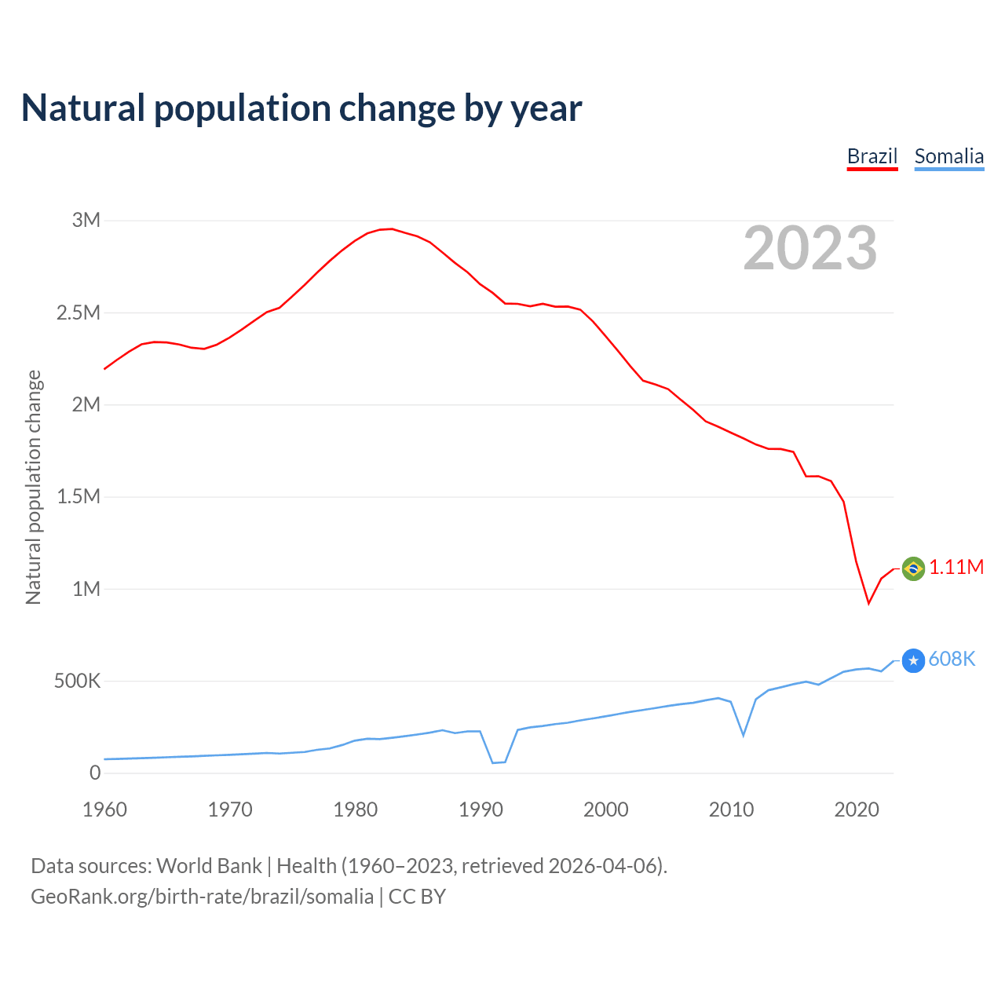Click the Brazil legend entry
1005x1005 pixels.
point(872,156)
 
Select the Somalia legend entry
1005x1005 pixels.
point(948,156)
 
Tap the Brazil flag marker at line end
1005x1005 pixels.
point(913,568)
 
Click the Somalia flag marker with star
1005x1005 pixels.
point(913,661)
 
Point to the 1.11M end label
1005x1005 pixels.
point(956,568)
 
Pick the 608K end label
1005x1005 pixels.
point(952,660)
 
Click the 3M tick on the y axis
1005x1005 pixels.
point(86,221)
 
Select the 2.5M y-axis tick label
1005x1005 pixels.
point(79,313)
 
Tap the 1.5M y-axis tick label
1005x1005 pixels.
point(79,497)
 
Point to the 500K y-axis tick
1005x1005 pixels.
point(77,682)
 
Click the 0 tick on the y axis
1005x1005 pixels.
point(95,773)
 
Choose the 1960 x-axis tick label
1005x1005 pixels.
point(104,810)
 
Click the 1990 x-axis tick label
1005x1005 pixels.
point(481,810)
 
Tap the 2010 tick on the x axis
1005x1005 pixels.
point(731,810)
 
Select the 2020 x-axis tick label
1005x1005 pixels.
point(857,810)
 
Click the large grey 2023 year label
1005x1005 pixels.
point(809,248)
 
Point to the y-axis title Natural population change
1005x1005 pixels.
point(34,488)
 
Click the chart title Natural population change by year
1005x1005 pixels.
point(301,108)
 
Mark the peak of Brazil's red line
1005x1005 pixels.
point(392,228)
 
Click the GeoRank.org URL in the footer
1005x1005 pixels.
point(202,897)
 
